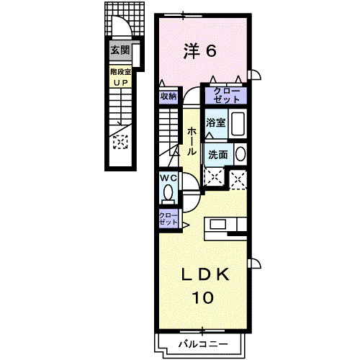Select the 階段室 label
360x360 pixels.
pos(120,71)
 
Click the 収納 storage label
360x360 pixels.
pos(168,95)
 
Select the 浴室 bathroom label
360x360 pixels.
pos(215,122)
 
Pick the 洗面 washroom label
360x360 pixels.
pos(218,154)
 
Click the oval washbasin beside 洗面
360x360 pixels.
pos(240,153)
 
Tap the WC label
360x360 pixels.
pos(168,178)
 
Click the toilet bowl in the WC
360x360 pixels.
pos(168,193)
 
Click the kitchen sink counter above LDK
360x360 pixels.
pos(226,225)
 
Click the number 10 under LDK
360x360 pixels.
pos(204,297)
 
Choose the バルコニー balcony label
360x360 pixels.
pos(202,343)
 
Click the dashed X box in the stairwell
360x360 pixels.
pos(120,141)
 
